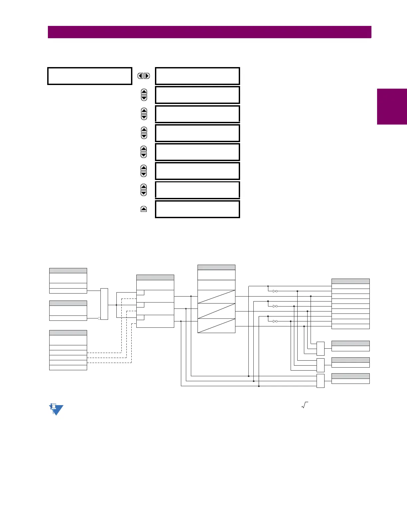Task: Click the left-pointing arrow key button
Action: [141, 76]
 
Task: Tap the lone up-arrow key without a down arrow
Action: [144, 209]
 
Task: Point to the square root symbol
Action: [305, 405]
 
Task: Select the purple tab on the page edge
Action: [392, 106]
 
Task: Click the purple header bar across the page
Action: [209, 32]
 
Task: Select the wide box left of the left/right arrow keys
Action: [90, 76]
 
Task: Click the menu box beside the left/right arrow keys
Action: [198, 76]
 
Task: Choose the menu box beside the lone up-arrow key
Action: [198, 209]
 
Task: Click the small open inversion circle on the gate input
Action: [99, 318]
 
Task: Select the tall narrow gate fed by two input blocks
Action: [104, 304]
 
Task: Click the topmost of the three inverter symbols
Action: [275, 291]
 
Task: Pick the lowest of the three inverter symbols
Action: [275, 321]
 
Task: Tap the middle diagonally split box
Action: [216, 311]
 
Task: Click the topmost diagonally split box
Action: [216, 297]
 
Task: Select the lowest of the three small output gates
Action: [321, 381]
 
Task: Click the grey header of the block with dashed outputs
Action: [68, 333]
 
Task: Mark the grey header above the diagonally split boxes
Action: [216, 267]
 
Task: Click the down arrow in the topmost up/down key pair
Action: [144, 98]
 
